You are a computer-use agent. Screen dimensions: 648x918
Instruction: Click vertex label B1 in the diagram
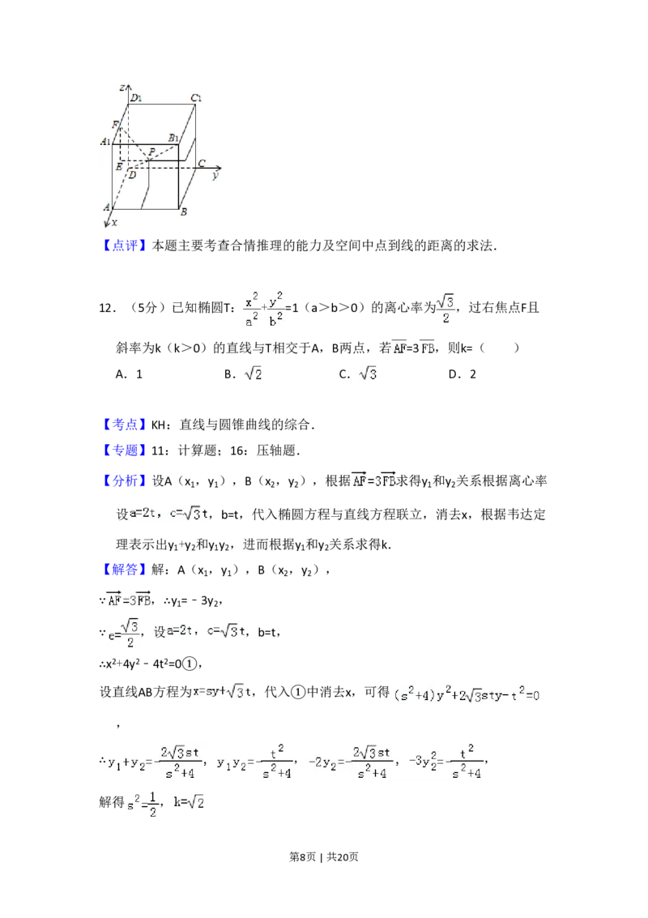coord(173,139)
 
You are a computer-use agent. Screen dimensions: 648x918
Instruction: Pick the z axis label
coord(121,86)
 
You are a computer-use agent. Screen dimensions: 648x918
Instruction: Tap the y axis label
coord(215,175)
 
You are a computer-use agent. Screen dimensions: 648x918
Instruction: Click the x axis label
coord(114,222)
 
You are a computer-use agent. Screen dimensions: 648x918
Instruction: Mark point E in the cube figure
coord(119,166)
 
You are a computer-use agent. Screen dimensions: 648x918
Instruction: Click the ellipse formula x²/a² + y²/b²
coord(266,309)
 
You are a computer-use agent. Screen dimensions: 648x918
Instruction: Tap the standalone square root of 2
coord(253,374)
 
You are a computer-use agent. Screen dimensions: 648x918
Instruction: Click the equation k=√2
coord(188,801)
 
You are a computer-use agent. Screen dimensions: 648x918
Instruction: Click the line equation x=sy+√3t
coord(220,692)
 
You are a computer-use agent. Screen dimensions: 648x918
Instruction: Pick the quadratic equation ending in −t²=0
coord(466,694)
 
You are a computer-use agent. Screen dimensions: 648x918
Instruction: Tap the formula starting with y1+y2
coord(201,762)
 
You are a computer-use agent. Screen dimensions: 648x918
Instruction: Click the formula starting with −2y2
coord(395,762)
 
